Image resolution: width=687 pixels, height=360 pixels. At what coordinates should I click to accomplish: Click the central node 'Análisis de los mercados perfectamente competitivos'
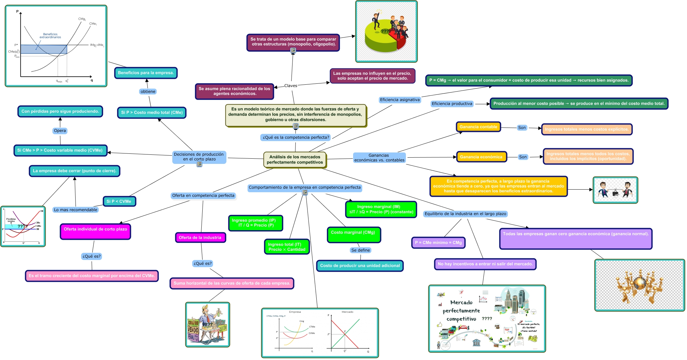tap(294, 160)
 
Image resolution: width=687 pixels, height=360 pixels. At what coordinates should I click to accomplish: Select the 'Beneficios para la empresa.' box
tap(146, 73)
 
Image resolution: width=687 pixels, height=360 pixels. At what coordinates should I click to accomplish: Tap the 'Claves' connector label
tap(291, 86)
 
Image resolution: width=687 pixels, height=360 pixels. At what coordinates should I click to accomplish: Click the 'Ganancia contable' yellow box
tap(478, 127)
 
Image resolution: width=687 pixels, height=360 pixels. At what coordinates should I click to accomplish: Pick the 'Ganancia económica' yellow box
tap(481, 157)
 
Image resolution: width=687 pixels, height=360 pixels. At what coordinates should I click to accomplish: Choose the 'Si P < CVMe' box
tap(119, 201)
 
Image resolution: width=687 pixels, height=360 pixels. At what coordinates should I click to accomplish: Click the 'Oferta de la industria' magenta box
tap(200, 238)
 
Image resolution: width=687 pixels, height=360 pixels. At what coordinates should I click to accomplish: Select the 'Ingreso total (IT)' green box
tap(287, 247)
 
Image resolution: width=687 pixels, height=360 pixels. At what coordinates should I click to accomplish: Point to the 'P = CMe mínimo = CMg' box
tap(438, 243)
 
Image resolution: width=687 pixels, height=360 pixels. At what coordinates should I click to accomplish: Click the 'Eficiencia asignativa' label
tap(400, 100)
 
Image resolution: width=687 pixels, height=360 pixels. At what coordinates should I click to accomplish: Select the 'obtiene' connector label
tap(148, 92)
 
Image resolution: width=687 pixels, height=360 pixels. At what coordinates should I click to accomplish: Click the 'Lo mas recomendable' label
tap(76, 210)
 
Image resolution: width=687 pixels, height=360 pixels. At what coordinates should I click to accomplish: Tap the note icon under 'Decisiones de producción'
tap(199, 164)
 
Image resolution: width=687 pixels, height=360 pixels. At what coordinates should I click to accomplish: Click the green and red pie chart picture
tap(386, 32)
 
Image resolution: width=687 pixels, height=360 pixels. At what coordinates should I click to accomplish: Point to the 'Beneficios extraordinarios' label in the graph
tap(50, 36)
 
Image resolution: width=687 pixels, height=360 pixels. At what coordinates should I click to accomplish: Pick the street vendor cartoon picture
tap(208, 324)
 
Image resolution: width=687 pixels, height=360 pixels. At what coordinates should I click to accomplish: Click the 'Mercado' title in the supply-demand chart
tap(347, 312)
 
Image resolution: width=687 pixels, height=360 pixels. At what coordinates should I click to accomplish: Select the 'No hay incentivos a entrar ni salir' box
tap(485, 264)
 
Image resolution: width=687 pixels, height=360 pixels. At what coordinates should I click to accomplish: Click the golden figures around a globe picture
tap(639, 285)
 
